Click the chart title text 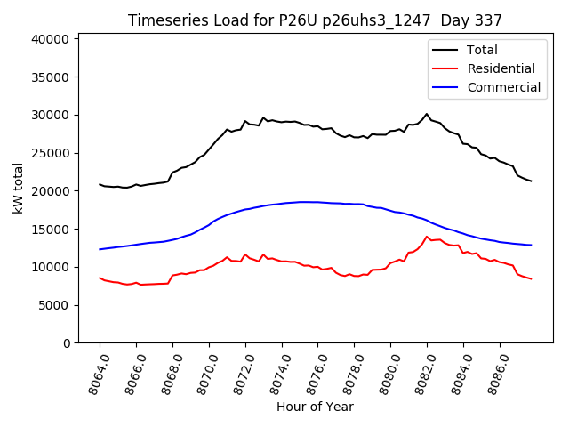[x=315, y=20]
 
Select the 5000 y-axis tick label [x=54, y=305]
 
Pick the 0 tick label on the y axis [x=67, y=343]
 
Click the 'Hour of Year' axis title [x=315, y=407]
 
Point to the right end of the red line [x=531, y=279]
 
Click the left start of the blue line [x=100, y=249]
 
